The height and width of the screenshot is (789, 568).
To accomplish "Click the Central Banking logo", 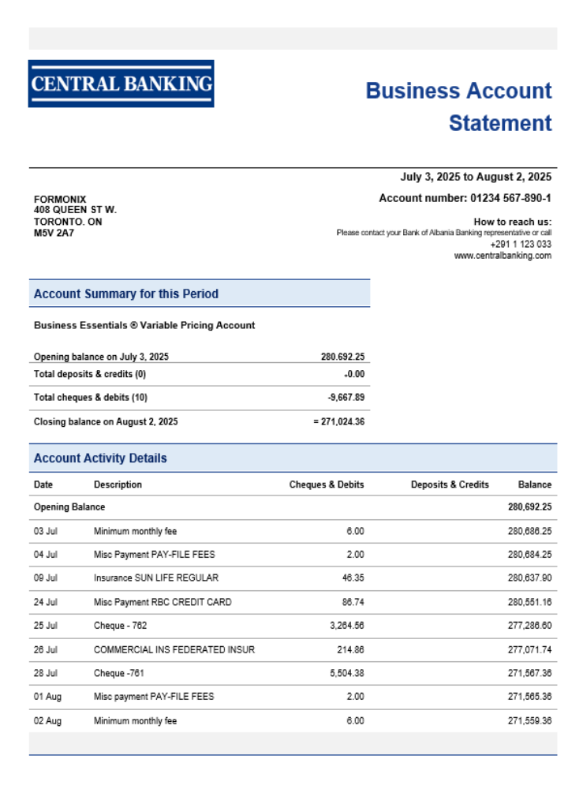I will coord(121,84).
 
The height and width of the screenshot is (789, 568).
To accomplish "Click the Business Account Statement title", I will coord(458,107).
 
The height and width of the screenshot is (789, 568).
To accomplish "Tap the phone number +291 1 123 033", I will coord(521,245).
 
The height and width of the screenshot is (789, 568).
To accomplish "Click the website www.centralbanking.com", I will coord(503,256).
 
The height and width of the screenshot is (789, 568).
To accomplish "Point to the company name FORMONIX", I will coord(60,200).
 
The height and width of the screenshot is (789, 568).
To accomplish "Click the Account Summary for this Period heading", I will coord(126,294).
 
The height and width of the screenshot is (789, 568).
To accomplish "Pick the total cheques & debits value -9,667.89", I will coord(346,398).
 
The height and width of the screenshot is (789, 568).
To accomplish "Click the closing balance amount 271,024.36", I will coord(342,422).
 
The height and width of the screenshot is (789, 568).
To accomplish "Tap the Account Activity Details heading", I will coord(100,458).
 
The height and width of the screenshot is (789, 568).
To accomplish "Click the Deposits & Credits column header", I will coord(450,484).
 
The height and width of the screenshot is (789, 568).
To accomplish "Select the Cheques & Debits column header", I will coord(327,484).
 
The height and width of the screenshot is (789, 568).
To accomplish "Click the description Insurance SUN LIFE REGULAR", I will coord(156,578).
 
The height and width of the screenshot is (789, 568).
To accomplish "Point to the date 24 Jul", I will coord(46,602).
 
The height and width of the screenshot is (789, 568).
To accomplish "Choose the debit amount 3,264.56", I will coord(346,626).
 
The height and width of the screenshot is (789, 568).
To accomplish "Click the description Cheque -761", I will coord(119,673).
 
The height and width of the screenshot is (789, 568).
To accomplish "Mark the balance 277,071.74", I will coord(529,649).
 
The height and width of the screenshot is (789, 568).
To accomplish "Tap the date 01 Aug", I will coord(47,697).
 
